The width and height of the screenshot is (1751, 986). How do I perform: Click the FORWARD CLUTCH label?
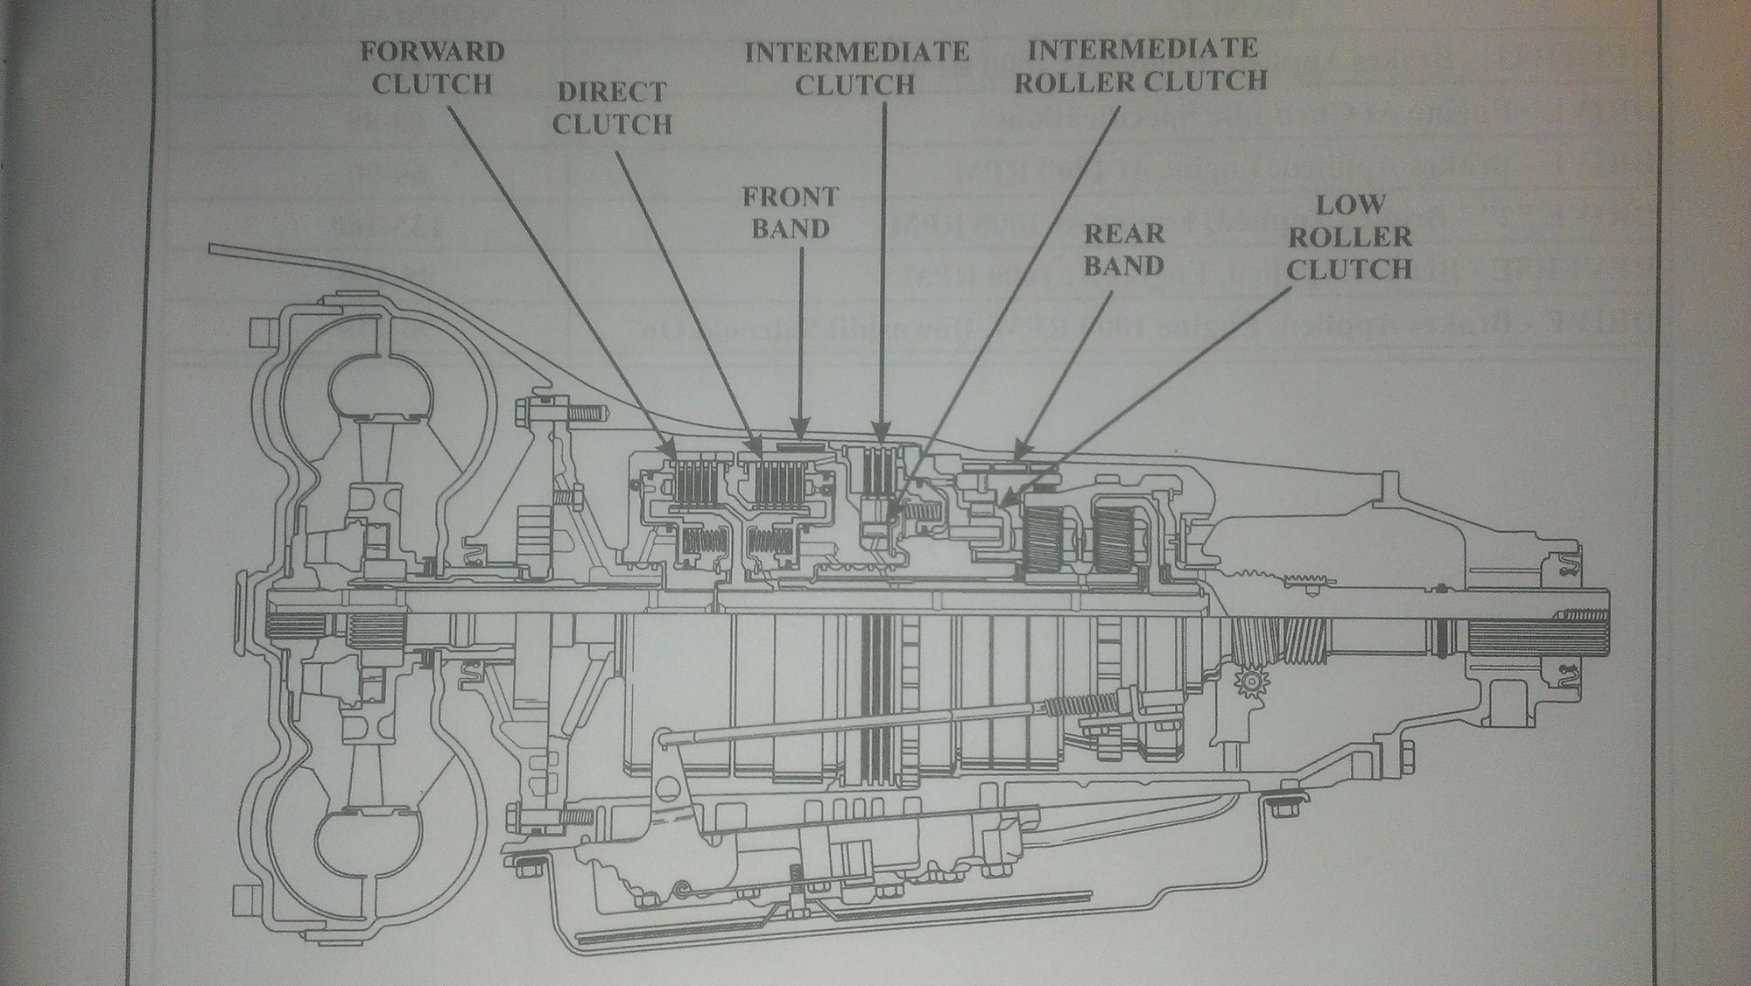pos(433,67)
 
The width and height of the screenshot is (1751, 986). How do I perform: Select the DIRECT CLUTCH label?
pos(612,108)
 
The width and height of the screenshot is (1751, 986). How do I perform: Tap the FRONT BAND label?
pos(791,213)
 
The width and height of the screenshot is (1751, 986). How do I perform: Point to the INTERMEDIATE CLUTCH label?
pos(857,67)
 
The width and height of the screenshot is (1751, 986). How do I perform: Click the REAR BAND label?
pos(1124,248)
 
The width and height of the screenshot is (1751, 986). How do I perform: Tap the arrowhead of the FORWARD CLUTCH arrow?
pos(674,458)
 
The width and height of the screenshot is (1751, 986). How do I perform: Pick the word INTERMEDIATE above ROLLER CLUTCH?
pos(1143,47)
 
